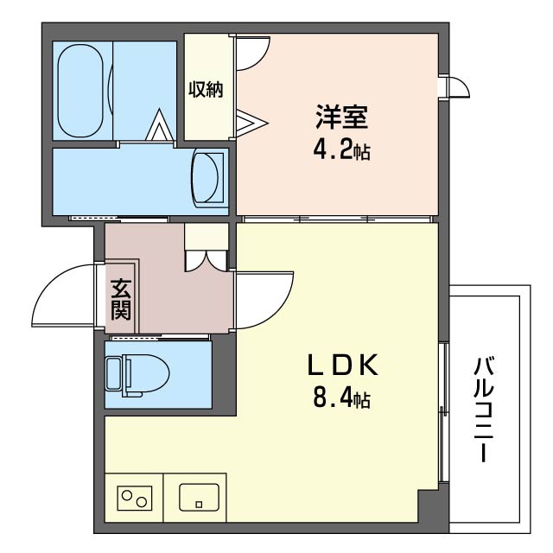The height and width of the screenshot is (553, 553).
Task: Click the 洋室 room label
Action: [341, 118]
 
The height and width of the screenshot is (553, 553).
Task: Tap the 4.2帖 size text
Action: [342, 151]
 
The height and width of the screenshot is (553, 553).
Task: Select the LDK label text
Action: [343, 365]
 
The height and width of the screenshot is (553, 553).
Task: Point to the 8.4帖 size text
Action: [342, 399]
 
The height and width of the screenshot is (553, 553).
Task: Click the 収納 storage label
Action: [206, 89]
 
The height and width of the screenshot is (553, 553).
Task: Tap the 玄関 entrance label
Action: [121, 300]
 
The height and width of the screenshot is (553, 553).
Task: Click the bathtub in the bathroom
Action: [80, 91]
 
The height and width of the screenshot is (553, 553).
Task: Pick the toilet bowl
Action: [145, 374]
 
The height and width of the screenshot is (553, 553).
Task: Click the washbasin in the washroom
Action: [207, 177]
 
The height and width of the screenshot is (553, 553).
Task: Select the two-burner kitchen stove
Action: [135, 498]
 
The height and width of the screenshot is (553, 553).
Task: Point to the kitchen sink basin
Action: [200, 498]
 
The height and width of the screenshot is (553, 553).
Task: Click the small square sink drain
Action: [200, 505]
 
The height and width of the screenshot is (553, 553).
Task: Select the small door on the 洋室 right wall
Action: [459, 86]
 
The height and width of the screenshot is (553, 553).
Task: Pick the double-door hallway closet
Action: [206, 259]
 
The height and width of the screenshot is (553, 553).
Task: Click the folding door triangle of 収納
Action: [252, 123]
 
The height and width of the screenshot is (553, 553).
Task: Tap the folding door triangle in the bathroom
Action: [160, 125]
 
